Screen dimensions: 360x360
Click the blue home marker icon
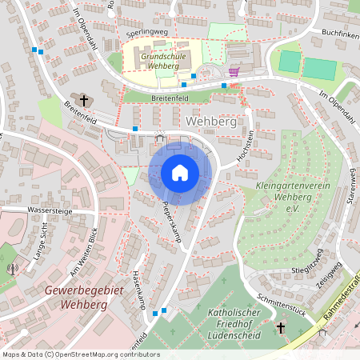click(180, 172)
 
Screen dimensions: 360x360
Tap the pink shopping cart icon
click(234, 71)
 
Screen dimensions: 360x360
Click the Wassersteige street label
click(27, 210)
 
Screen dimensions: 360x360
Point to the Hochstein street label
click(248, 146)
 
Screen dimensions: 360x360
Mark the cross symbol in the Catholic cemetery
click(281, 328)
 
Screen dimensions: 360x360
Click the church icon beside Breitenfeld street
click(84, 100)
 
